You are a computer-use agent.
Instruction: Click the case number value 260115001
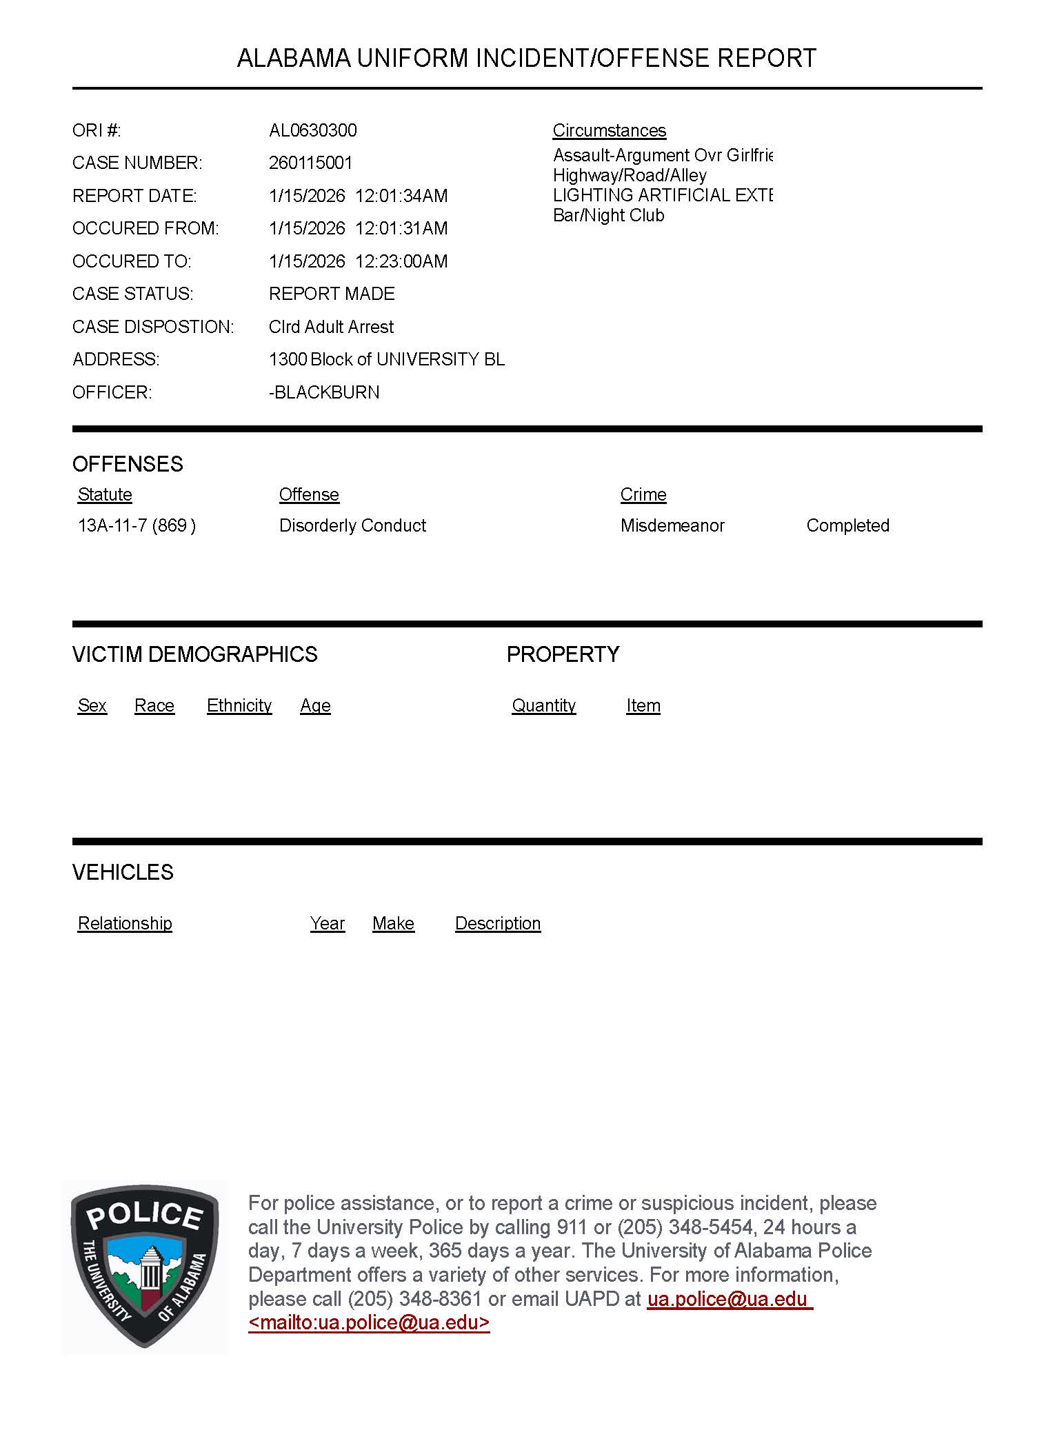pyautogui.click(x=310, y=163)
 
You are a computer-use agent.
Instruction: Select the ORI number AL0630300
pyautogui.click(x=312, y=130)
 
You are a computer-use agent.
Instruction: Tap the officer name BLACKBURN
pyautogui.click(x=325, y=392)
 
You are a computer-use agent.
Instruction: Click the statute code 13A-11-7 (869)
pyautogui.click(x=137, y=525)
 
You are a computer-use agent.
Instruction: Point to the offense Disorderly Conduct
pyautogui.click(x=352, y=525)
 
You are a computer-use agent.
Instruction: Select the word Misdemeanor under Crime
pyautogui.click(x=672, y=525)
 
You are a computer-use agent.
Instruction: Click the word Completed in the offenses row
pyautogui.click(x=847, y=525)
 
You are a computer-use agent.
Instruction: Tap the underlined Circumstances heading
pyautogui.click(x=609, y=130)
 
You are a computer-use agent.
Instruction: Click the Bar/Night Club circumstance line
pyautogui.click(x=608, y=215)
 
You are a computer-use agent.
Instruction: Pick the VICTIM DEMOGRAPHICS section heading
pyautogui.click(x=194, y=654)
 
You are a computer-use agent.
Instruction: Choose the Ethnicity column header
pyautogui.click(x=239, y=705)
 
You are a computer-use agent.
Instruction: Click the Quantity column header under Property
pyautogui.click(x=543, y=705)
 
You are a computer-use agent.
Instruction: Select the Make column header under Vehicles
pyautogui.click(x=393, y=923)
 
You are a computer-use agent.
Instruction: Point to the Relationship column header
pyautogui.click(x=125, y=923)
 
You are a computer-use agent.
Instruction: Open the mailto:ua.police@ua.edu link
pyautogui.click(x=369, y=1322)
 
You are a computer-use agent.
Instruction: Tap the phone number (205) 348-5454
pyautogui.click(x=685, y=1227)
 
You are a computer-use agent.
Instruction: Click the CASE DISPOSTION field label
pyautogui.click(x=153, y=327)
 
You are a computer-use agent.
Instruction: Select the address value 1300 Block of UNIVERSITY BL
pyautogui.click(x=386, y=359)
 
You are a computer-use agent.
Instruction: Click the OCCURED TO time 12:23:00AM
pyautogui.click(x=401, y=261)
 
